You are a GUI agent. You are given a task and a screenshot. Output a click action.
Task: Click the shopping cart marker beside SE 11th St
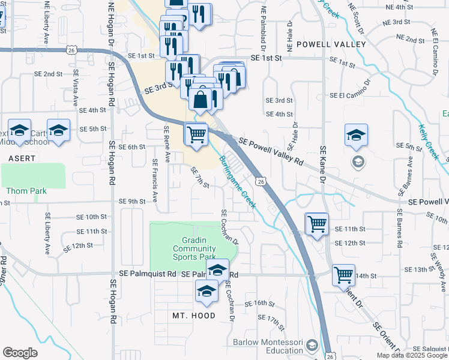tap(317, 224)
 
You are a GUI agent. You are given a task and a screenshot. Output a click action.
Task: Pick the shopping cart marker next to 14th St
tap(343, 275)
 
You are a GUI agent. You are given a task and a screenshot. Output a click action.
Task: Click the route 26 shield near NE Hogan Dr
tap(71, 52)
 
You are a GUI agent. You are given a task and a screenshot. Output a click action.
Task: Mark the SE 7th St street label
tap(199, 177)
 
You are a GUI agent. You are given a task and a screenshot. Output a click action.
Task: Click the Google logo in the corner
tap(20, 352)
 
